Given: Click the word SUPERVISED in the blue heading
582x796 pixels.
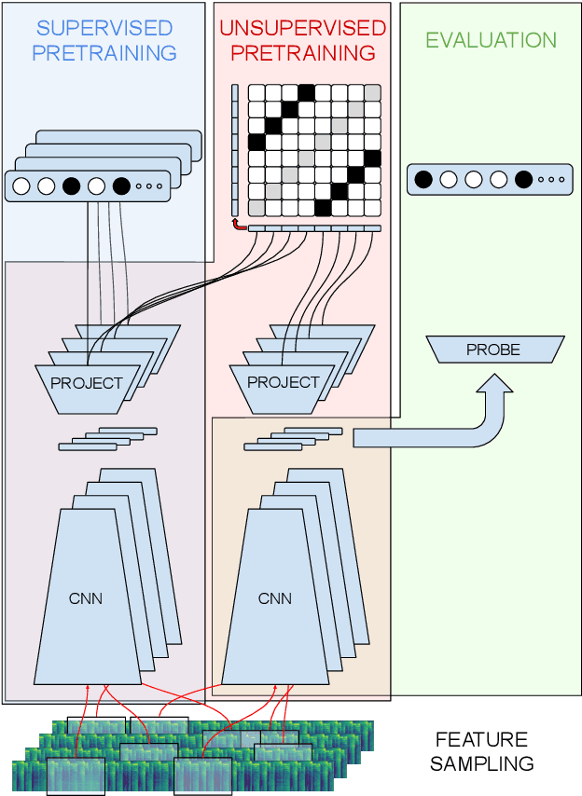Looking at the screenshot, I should pos(104,28).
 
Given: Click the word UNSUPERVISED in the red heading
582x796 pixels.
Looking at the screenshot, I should pos(303,28).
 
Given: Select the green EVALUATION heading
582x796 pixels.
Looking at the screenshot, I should pos(491,40).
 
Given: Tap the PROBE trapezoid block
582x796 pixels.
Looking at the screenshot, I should pos(493,350).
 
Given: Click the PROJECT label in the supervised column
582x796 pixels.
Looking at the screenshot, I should pos(87,382).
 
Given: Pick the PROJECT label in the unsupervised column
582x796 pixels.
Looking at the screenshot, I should pos(284,382).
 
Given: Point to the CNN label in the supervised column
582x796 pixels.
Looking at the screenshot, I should pos(86,598).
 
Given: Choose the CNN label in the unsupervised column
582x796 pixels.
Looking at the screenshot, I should pos(275,598).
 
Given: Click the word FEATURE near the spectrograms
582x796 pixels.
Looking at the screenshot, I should pos(481,740).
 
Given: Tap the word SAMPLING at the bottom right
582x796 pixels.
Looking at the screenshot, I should pos(485,764).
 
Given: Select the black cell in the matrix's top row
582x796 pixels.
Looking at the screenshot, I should pos(306,92).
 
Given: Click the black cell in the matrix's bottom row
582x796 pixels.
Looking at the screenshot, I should pos(323,207).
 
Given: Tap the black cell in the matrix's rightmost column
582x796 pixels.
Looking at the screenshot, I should pos(373,158).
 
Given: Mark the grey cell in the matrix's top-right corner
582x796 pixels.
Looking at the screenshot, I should pos(373,92).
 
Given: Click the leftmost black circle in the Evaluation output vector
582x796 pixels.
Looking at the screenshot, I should pos(423,179).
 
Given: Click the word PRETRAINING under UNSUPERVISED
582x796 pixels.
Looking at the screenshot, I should pos(303,52).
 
